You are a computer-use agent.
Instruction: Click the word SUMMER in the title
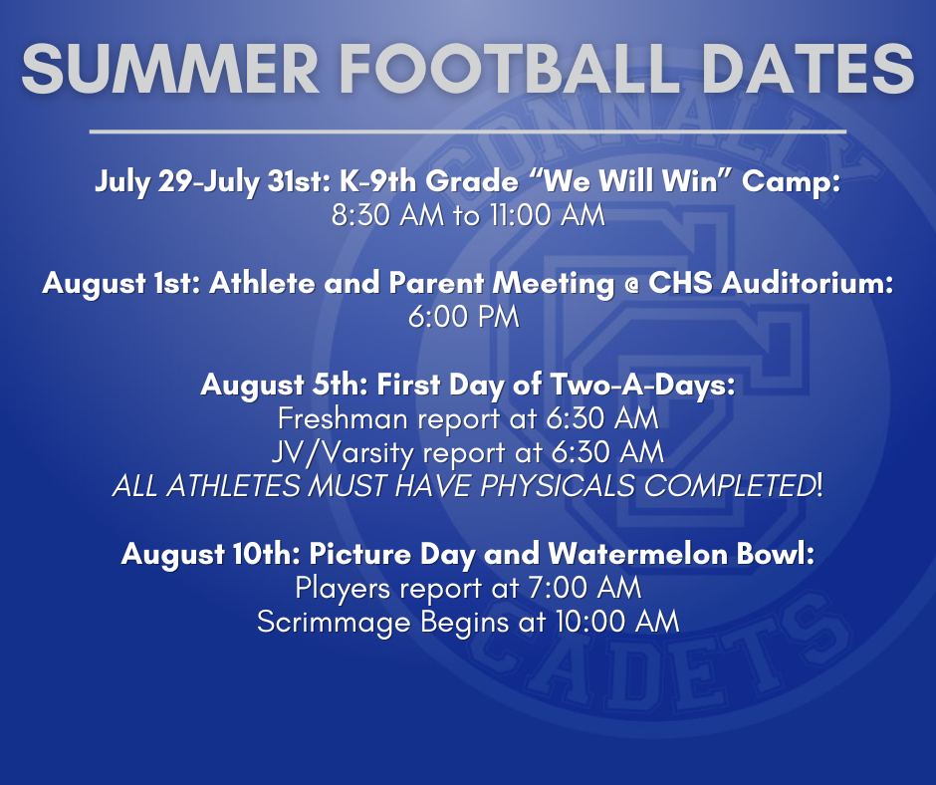coord(170,69)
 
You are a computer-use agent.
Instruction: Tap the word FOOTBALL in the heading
coord(511,69)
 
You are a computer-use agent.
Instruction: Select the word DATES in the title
coord(809,69)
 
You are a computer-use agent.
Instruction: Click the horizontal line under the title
coord(468,131)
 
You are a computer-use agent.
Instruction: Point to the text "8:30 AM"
coord(387,215)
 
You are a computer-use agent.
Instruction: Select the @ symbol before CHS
coord(631,284)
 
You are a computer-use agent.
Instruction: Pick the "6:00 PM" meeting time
coord(464,317)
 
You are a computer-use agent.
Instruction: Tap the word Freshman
coord(343,418)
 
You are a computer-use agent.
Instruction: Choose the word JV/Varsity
coord(343,453)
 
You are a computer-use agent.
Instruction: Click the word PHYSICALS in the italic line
coord(557,486)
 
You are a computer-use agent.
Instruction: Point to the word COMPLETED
coord(730,486)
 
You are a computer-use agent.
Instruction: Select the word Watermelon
coord(637,554)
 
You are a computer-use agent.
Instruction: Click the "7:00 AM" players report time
coord(585,588)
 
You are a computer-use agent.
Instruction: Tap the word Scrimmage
coord(334,623)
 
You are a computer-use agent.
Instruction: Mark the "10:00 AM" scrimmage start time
coord(617,622)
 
